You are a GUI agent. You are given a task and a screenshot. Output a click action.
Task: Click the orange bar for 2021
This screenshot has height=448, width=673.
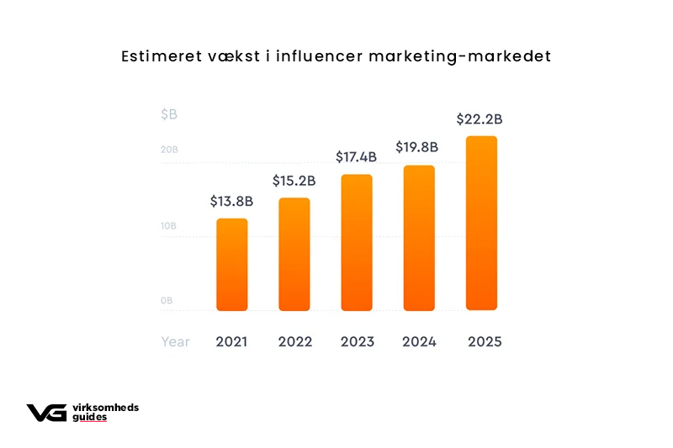coord(232,265)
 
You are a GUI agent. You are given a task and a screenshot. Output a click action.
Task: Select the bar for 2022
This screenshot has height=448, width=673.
coord(294,255)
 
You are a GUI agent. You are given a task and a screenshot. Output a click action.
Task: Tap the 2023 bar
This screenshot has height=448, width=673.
coord(356,243)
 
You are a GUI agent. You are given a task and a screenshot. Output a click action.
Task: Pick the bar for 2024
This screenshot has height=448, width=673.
coord(419,238)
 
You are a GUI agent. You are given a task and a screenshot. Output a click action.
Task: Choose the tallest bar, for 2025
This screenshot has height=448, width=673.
coord(481,224)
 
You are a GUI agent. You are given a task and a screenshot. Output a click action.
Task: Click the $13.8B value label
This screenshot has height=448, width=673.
coord(231,202)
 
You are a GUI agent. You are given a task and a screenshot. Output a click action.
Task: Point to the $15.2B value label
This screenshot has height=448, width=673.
coord(294,181)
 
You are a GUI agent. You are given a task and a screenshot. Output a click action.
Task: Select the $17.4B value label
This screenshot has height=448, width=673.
coord(357,157)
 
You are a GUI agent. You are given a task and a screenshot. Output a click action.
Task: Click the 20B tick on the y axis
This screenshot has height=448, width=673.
coord(169,150)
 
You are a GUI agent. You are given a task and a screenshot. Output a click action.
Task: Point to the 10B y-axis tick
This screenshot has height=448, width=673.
coord(169,226)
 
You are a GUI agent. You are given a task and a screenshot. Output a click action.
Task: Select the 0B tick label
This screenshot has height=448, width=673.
coord(167,300)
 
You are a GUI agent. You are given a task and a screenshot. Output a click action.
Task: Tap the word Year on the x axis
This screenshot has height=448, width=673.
coord(176,342)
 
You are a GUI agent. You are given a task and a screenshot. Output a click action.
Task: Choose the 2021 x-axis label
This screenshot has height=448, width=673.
coord(231,342)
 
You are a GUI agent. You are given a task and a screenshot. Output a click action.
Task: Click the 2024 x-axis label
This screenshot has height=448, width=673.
coord(419,342)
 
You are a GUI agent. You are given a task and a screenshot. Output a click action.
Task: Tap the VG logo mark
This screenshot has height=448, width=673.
coord(46,412)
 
